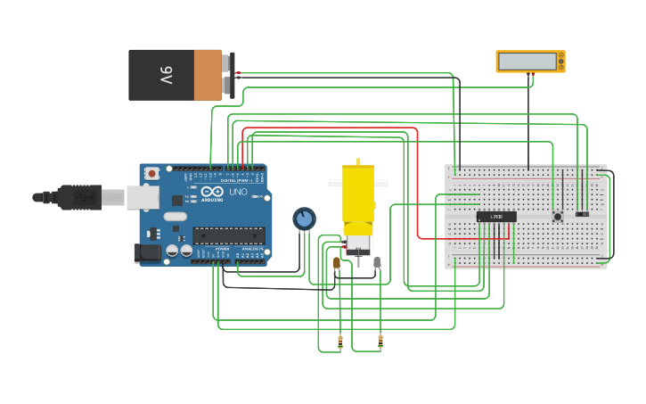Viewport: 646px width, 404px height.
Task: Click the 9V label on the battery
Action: click(166, 75)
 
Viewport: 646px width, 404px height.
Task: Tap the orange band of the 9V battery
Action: click(207, 75)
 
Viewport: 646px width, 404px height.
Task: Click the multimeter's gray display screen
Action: click(529, 61)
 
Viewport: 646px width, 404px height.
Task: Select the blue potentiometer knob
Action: click(304, 218)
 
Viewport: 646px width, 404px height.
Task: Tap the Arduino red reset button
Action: click(152, 172)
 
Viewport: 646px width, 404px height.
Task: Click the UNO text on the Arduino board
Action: click(238, 192)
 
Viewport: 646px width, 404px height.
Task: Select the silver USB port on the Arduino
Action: click(142, 197)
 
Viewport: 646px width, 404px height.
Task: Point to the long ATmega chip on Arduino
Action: click(229, 235)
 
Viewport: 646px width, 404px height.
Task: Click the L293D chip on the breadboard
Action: click(496, 217)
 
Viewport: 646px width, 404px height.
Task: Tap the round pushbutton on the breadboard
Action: click(558, 216)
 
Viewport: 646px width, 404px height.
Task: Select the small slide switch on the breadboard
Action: click(582, 214)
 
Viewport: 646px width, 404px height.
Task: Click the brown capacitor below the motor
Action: click(336, 262)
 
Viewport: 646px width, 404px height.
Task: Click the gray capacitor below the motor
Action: click(377, 262)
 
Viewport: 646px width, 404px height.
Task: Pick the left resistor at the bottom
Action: click(339, 340)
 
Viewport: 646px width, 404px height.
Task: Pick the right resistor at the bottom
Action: click(380, 340)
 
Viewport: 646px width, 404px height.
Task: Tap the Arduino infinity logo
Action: click(212, 192)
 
